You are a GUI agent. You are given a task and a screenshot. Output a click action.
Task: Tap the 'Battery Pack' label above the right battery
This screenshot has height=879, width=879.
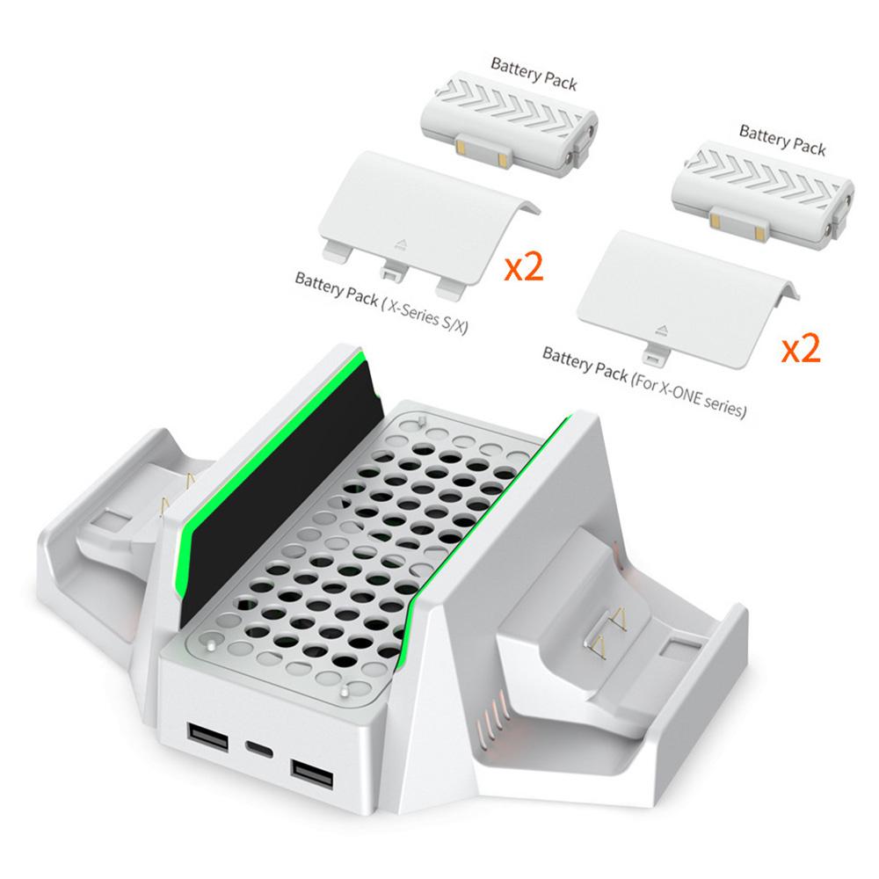[782, 139]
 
